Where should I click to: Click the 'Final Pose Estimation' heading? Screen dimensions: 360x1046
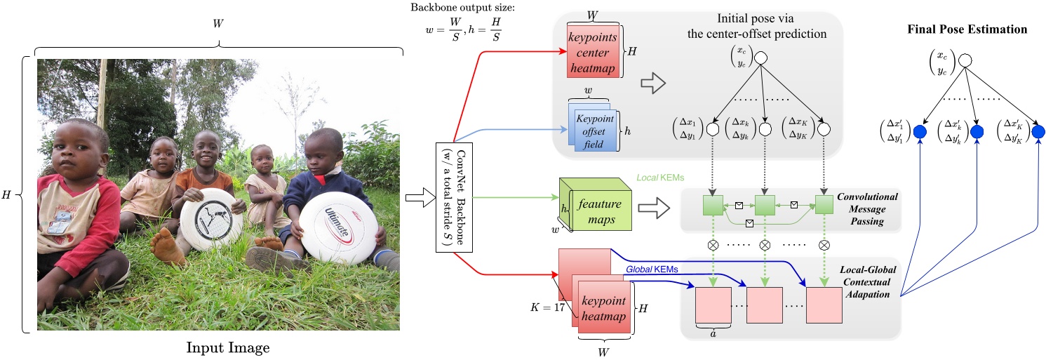(967, 29)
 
